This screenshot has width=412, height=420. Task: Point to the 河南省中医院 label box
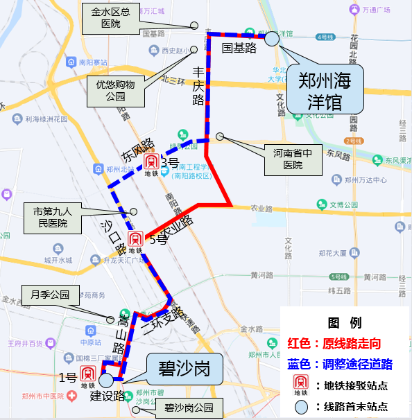pos(294,159)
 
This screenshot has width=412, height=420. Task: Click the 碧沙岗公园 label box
pos(184,408)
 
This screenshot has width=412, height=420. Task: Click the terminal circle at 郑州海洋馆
pos(272,38)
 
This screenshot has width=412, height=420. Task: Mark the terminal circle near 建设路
pos(106,380)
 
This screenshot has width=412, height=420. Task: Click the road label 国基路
pos(239,47)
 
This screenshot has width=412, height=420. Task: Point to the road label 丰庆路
pos(198,85)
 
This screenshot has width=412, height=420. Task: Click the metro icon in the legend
pos(300,385)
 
